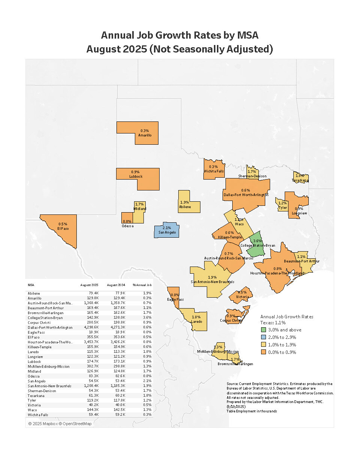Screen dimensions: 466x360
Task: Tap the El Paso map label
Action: point(63,228)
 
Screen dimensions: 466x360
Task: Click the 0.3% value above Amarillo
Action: point(145,131)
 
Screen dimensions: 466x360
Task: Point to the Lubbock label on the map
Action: point(136,176)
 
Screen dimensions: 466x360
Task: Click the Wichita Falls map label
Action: point(214,171)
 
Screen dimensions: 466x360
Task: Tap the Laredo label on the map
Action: point(196,321)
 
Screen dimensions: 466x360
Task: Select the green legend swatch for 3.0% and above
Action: point(263,330)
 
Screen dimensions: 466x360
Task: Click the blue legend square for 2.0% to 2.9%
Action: point(263,337)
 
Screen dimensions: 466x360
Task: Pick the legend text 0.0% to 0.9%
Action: point(282,352)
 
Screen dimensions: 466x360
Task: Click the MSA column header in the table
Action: point(31,285)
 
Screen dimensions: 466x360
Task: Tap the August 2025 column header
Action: point(89,285)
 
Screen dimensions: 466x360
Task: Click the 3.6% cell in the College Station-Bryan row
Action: point(147,318)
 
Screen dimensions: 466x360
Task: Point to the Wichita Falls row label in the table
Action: point(38,415)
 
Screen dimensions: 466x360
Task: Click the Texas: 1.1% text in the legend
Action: point(273,322)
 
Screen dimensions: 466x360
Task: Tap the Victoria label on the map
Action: point(242,297)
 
